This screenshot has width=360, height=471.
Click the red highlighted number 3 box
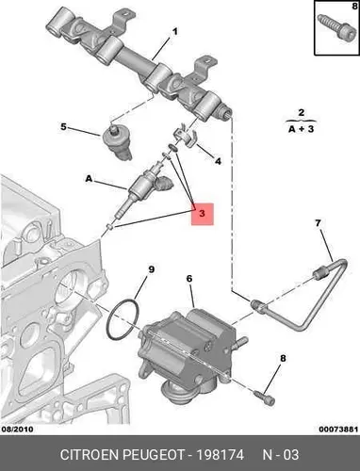203,214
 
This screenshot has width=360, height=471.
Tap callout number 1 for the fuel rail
174,32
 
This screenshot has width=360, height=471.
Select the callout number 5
63,127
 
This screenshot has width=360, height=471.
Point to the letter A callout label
90,179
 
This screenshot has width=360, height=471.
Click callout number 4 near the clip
218,161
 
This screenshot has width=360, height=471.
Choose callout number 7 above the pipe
318,223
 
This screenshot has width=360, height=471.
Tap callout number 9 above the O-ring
152,269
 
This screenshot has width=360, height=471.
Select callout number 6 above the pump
189,279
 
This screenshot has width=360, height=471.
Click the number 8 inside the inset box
354,6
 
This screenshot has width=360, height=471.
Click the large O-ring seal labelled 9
123,319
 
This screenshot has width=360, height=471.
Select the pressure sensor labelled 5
116,141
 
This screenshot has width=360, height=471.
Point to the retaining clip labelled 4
186,136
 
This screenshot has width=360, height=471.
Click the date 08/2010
18,429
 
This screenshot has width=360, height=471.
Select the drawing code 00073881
338,429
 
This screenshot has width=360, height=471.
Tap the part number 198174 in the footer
220,455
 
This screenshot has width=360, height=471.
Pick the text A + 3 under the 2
302,129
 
